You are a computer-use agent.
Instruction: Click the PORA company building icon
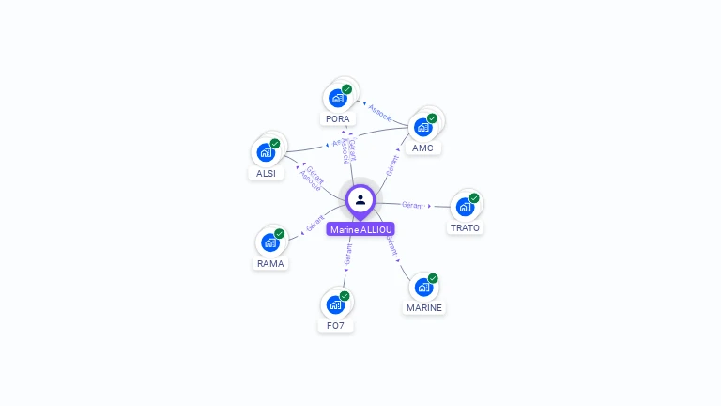point(338,98)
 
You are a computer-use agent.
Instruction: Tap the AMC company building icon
point(422,126)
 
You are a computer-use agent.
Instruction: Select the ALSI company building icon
point(266,152)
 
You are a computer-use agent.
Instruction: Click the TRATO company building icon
point(465,207)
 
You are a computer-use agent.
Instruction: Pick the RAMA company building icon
point(270,242)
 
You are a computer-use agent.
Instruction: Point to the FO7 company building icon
point(335,304)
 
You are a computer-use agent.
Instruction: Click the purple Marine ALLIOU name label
point(360,229)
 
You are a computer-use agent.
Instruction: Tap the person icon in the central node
point(360,200)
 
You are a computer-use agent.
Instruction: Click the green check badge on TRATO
point(474,198)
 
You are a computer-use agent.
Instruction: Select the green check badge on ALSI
point(275,144)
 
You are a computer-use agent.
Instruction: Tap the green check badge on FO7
point(345,296)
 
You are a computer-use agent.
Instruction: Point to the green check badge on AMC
point(432,118)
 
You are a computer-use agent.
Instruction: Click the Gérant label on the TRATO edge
point(412,205)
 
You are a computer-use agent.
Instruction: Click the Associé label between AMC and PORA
point(380,111)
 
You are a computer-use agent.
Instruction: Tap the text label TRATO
point(465,227)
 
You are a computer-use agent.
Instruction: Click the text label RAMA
point(270,263)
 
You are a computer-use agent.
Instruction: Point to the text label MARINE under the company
point(424,307)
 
